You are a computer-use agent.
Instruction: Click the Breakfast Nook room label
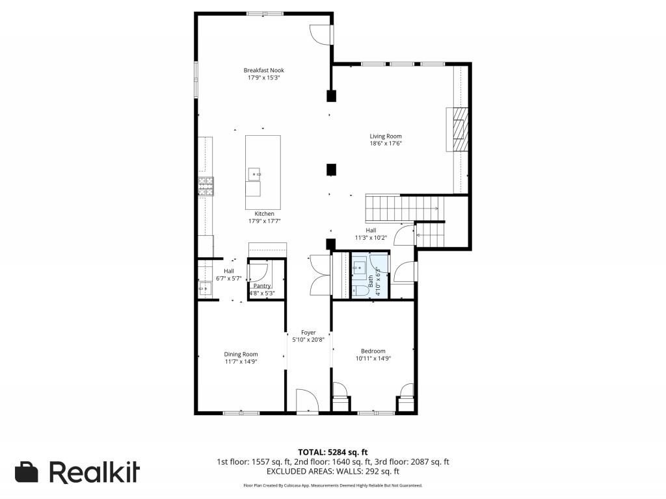click(x=263, y=70)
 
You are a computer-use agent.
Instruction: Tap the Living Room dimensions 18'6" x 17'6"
click(x=386, y=144)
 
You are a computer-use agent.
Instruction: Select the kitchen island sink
click(x=254, y=174)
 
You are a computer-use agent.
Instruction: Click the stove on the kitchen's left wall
click(x=206, y=187)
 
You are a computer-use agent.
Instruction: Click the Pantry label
click(x=262, y=286)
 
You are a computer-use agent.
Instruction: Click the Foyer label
click(x=308, y=332)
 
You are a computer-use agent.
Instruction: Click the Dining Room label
click(x=241, y=354)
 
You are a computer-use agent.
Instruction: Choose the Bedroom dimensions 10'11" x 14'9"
click(x=373, y=358)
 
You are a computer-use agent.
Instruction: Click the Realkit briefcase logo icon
click(x=27, y=472)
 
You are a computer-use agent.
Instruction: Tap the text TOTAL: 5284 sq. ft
click(x=332, y=452)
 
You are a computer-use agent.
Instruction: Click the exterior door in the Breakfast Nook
click(x=321, y=34)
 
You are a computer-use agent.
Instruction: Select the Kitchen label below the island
click(x=264, y=214)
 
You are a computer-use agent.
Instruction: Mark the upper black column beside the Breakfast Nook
click(x=331, y=96)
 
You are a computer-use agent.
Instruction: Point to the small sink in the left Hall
click(x=204, y=285)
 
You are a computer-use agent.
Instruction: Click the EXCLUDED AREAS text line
click(x=332, y=472)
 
